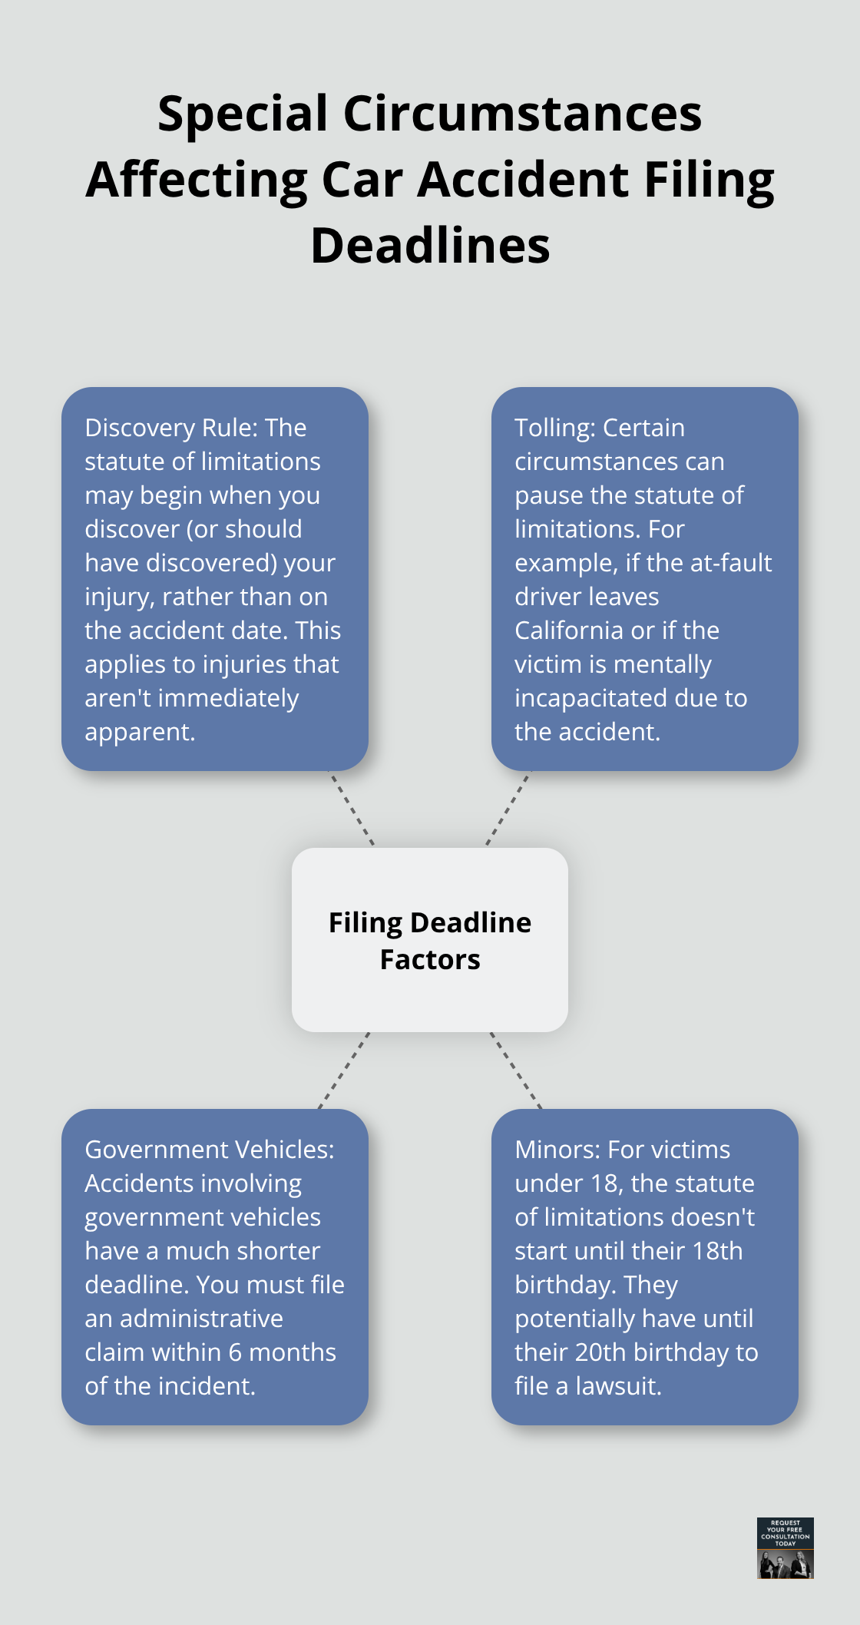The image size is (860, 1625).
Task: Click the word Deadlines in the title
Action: (430, 247)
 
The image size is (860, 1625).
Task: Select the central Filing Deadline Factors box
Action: (430, 940)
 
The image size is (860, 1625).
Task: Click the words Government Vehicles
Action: (209, 1150)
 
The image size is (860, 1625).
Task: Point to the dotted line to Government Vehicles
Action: (344, 1071)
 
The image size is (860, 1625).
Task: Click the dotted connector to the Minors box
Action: (516, 1071)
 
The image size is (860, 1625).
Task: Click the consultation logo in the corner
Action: (785, 1547)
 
